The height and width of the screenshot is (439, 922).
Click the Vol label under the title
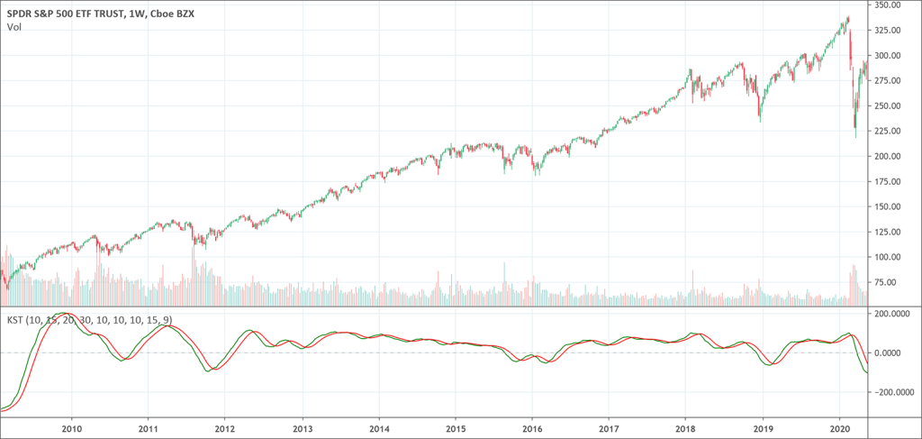14,27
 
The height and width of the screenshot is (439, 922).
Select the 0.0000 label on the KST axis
895,353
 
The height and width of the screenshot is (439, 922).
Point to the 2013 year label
303,430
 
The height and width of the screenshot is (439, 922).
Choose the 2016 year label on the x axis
532,430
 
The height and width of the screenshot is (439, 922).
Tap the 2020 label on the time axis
839,430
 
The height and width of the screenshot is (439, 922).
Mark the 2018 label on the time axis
686,430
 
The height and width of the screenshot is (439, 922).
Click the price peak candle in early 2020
847,18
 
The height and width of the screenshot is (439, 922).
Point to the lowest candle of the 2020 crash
855,135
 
